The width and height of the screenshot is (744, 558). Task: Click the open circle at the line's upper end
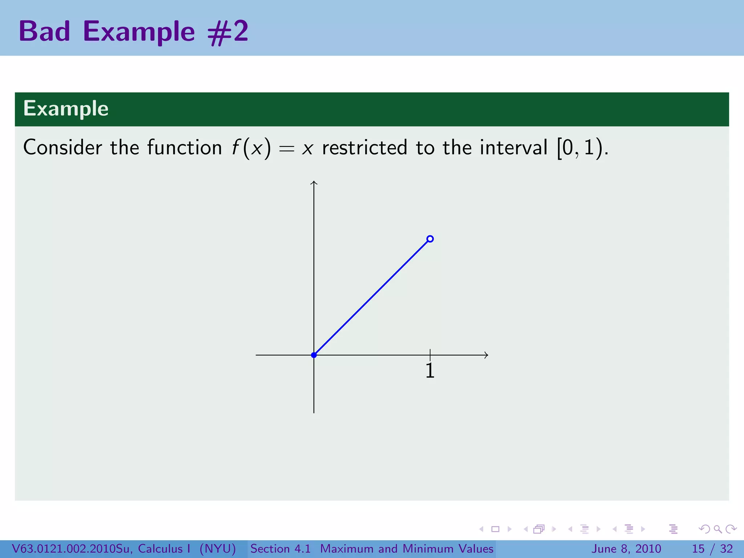tap(430, 239)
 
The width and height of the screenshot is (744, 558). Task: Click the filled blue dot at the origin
tap(314, 355)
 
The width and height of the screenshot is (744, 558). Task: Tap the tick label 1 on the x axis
tap(430, 371)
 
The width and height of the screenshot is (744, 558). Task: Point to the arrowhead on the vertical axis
tap(314, 182)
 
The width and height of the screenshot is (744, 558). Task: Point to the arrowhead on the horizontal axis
tap(486, 355)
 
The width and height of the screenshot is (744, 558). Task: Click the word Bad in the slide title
tap(44, 31)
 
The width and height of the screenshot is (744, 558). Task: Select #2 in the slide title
tap(228, 32)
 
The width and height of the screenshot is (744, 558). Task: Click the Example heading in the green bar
tap(66, 108)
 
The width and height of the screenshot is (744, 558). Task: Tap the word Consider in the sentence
tap(62, 147)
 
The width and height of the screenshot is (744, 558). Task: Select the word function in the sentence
tap(185, 147)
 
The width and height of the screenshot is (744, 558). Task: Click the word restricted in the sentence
tap(364, 147)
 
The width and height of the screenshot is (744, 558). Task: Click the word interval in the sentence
tap(513, 147)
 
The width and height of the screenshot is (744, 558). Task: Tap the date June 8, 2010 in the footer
tap(626, 549)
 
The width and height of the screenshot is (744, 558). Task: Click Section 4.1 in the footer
tap(280, 549)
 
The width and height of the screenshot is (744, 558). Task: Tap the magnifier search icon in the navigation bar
tap(717, 529)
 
